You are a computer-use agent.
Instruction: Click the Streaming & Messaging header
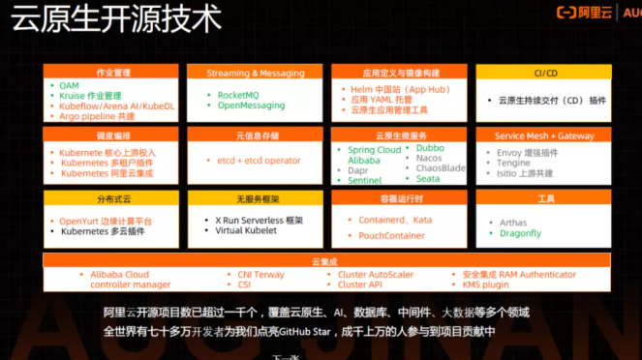(257, 73)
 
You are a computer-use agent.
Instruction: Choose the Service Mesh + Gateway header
(544, 136)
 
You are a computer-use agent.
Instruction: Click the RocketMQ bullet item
(244, 95)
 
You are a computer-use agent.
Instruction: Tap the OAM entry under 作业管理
(69, 86)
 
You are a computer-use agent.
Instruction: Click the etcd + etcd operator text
(259, 160)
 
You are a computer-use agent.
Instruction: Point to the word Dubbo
(430, 148)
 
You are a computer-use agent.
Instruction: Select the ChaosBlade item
(441, 168)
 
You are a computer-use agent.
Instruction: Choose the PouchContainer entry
(392, 235)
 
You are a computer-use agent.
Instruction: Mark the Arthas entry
(513, 223)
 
